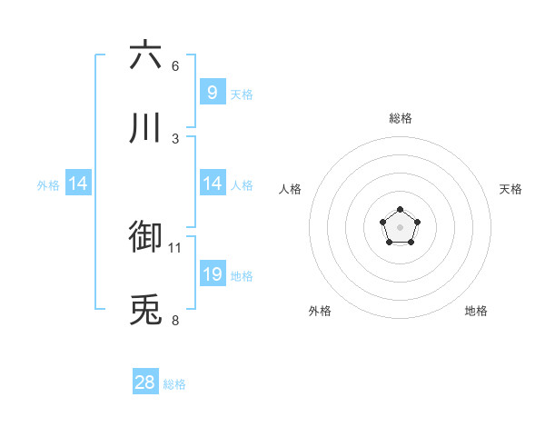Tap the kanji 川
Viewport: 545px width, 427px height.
145,128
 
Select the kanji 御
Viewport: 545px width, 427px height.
145,236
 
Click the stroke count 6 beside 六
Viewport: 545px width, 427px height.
175,65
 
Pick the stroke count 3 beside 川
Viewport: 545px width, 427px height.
175,138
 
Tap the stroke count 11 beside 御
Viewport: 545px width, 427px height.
175,247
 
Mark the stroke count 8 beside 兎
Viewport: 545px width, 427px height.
175,320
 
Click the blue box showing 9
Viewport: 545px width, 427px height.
212,92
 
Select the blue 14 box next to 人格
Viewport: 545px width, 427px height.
212,184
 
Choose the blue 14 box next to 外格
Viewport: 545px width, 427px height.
78,184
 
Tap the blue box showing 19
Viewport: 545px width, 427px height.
212,274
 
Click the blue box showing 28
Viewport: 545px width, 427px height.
145,382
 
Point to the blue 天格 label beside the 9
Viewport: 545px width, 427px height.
242,94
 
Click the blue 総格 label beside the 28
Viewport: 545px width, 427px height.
174,384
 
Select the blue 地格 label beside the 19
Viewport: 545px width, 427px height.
242,276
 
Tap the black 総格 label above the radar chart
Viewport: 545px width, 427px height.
401,118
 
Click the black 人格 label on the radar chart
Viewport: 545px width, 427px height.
291,189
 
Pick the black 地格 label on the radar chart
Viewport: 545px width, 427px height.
476,311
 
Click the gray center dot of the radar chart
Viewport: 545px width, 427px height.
400,226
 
